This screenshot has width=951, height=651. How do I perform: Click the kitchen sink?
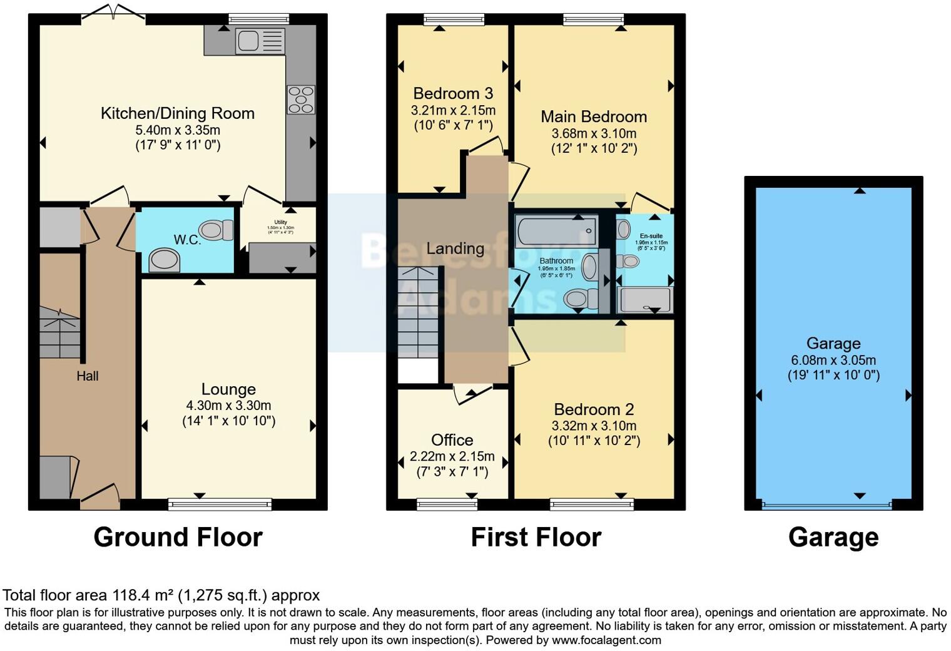point(248,41)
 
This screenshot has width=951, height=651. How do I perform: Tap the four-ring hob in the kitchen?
point(301,100)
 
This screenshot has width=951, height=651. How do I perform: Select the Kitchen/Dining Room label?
point(178,113)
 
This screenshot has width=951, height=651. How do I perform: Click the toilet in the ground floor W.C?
point(214,230)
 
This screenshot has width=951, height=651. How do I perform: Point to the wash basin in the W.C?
point(165,260)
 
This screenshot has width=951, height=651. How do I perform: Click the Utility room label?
point(280,222)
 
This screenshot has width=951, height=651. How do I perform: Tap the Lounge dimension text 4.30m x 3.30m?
point(228,406)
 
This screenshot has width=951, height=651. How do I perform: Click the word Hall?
point(88,376)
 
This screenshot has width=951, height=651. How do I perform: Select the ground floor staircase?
point(60,332)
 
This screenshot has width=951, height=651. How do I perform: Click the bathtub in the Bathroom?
point(556,230)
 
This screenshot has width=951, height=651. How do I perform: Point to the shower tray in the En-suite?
point(645,300)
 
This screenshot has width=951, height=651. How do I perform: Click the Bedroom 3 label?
point(453,94)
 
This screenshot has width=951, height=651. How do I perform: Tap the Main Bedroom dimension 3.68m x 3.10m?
point(594,133)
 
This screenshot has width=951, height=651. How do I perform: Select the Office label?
point(452,440)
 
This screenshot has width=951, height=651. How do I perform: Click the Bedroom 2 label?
point(594,409)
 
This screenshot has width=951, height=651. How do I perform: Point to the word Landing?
point(455,249)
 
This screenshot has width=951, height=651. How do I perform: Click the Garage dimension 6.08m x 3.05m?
point(833,361)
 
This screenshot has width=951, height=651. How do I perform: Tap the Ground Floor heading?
point(178,537)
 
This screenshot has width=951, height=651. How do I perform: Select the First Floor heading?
point(536,537)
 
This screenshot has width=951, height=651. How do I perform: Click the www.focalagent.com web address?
point(606,640)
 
